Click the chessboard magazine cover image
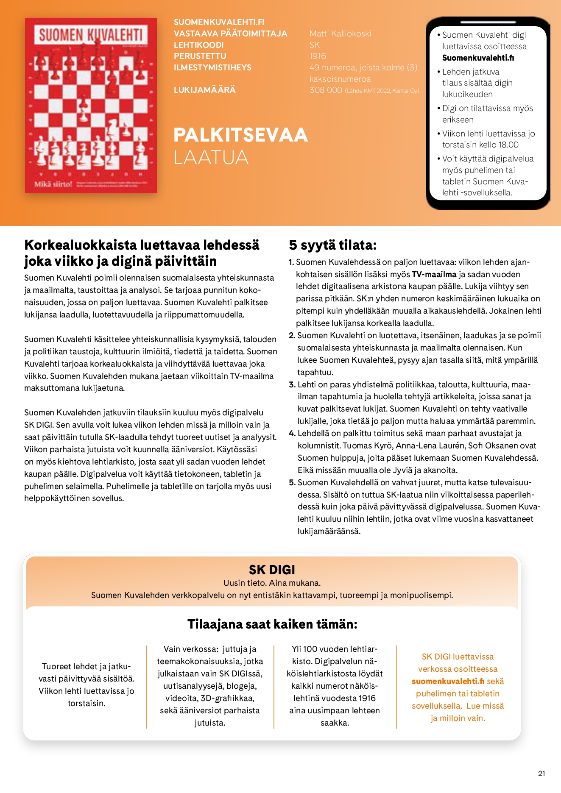click(x=91, y=106)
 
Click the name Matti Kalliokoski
click(x=340, y=33)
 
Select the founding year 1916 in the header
click(x=318, y=56)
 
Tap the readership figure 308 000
click(x=326, y=90)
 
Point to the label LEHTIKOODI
click(x=198, y=45)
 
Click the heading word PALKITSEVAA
click(x=240, y=135)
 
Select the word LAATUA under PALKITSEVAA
click(x=211, y=157)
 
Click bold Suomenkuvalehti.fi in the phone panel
click(x=478, y=58)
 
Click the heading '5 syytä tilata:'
click(x=332, y=245)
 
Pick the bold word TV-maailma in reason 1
click(x=434, y=274)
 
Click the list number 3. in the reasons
click(x=292, y=384)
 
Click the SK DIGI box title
click(x=272, y=570)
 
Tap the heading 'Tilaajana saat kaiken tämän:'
click(x=272, y=624)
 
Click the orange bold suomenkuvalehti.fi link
click(x=448, y=681)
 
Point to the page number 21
click(x=541, y=774)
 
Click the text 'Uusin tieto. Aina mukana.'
click(x=272, y=583)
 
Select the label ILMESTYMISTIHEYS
click(x=212, y=67)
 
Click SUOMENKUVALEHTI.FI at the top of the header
click(x=219, y=22)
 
